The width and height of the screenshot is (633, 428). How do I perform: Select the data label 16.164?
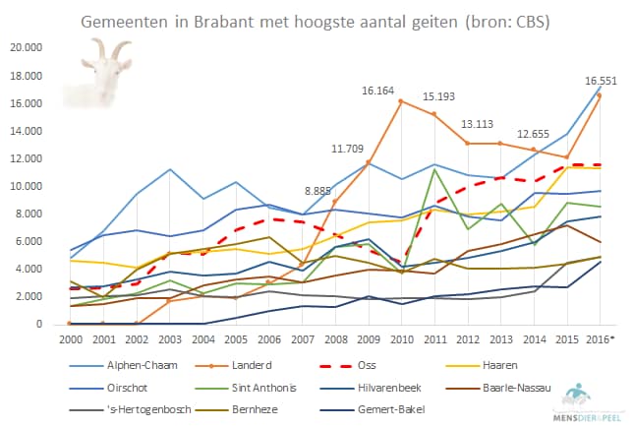coord(377,91)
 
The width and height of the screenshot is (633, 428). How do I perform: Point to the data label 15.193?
coord(439,96)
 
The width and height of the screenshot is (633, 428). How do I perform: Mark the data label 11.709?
coord(348,149)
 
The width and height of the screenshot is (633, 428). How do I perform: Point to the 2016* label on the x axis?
coord(601,337)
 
